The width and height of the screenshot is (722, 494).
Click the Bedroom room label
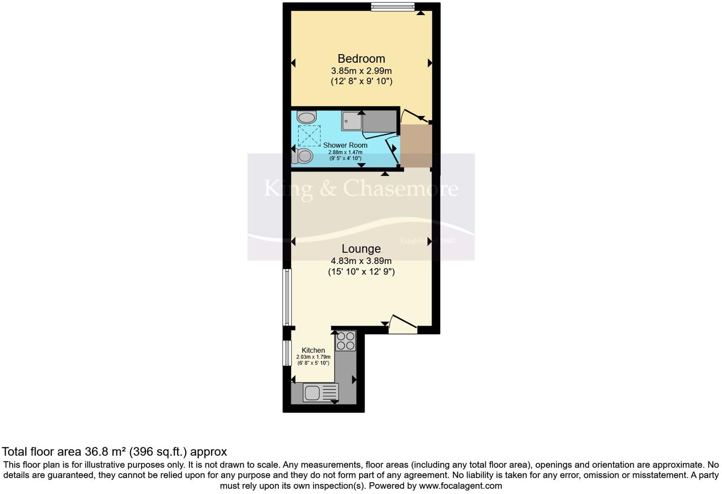(x=361, y=58)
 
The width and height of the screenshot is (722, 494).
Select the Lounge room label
(x=361, y=248)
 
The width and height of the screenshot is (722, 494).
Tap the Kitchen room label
(x=313, y=350)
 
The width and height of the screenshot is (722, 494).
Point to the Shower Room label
(x=345, y=145)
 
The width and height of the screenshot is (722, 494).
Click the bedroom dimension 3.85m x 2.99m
(x=361, y=71)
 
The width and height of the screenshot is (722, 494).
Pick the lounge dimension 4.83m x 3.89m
(x=361, y=261)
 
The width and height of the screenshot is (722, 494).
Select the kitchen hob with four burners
(x=345, y=340)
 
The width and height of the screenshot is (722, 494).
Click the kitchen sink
(x=321, y=393)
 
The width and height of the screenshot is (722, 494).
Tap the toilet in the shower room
(x=303, y=156)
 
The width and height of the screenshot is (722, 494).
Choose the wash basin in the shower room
(x=306, y=117)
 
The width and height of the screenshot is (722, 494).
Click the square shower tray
(x=351, y=121)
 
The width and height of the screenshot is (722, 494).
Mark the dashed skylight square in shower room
(x=309, y=136)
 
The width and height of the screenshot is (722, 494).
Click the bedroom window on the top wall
(x=392, y=7)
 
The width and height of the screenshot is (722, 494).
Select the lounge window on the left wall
(x=286, y=297)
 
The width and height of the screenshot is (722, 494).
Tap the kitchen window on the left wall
(x=286, y=353)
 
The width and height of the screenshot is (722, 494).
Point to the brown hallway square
(x=416, y=146)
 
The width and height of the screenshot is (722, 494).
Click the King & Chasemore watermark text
(x=361, y=188)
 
